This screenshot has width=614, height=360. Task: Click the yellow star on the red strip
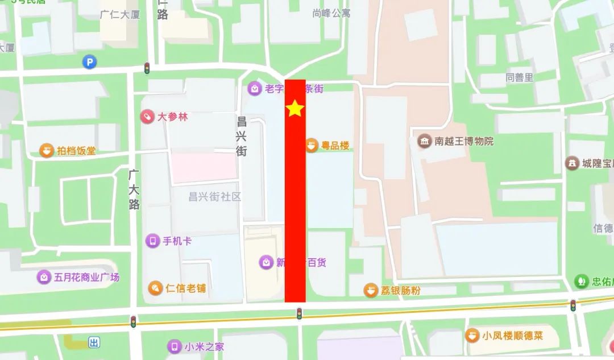(x=295, y=108)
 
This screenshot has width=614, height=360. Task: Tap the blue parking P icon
(x=89, y=61)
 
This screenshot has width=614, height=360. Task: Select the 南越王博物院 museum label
(x=464, y=141)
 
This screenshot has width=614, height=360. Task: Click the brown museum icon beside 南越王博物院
(x=424, y=141)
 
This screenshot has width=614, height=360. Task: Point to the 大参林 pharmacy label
(x=172, y=117)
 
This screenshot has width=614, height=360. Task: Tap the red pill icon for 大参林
(x=147, y=117)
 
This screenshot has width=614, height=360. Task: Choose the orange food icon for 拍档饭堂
(x=46, y=151)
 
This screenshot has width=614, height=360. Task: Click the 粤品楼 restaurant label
(x=335, y=146)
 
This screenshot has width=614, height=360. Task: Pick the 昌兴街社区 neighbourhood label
(x=215, y=197)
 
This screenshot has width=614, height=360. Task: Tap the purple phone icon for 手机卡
(x=152, y=241)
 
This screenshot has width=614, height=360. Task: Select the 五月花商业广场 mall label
(x=87, y=278)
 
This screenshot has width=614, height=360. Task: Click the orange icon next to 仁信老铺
(x=155, y=288)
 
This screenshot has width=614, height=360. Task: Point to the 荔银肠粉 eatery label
(x=400, y=291)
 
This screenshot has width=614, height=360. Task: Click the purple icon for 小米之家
(x=174, y=346)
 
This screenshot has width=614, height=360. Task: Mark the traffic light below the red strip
(x=299, y=313)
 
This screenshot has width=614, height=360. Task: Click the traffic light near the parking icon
(x=147, y=69)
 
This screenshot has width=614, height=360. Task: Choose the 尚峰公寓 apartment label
(x=332, y=12)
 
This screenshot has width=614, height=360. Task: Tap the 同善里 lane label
(x=520, y=77)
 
